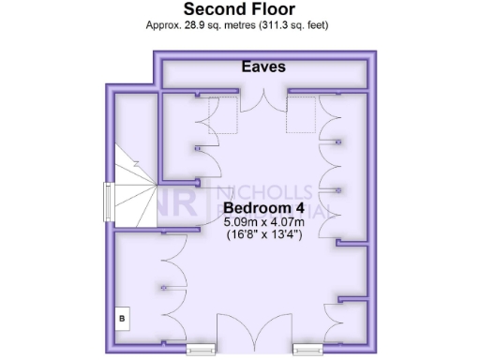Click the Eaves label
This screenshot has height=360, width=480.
[263, 67]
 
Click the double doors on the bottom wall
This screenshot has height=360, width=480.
[252, 333]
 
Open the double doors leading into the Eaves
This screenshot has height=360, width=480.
[263, 104]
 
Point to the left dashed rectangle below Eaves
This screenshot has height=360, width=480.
[221, 118]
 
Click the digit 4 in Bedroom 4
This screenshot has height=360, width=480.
[307, 207]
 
